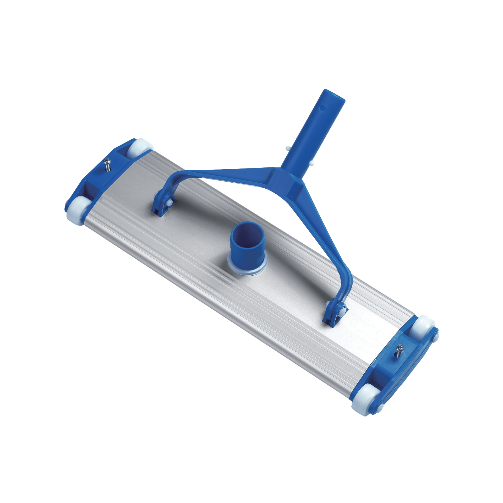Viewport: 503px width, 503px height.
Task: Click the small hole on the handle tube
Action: pyautogui.click(x=323, y=107)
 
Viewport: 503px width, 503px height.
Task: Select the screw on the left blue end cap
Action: pyautogui.click(x=107, y=164)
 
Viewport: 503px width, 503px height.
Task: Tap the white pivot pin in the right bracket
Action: pyautogui.click(x=342, y=310)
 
